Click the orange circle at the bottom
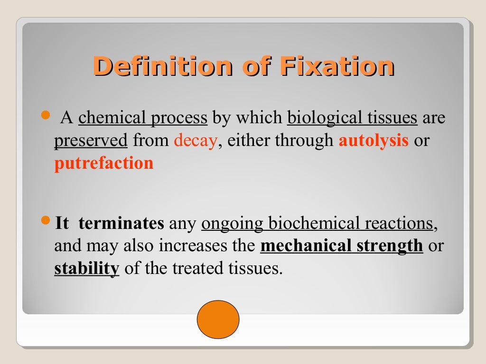click(x=218, y=319)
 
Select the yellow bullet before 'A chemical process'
click(x=46, y=115)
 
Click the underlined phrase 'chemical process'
click(x=143, y=118)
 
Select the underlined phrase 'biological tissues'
click(x=352, y=118)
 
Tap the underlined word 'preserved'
click(x=91, y=141)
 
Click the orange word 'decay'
click(x=196, y=141)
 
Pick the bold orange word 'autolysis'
click(x=373, y=141)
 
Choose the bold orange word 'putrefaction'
click(x=104, y=164)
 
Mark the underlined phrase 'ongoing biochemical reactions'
click(x=317, y=223)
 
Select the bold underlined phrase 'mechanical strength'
click(x=342, y=246)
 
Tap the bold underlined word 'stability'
click(x=86, y=269)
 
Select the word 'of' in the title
click(x=256, y=66)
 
